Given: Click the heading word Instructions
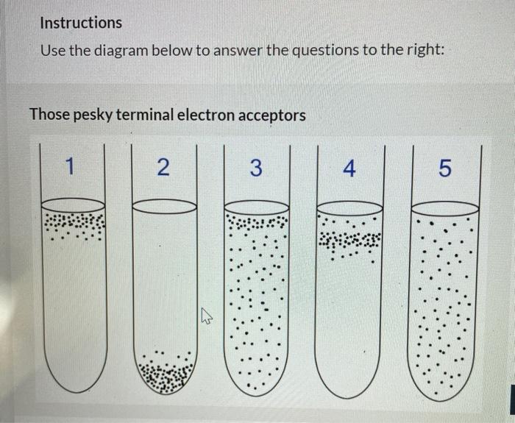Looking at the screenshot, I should [81, 23].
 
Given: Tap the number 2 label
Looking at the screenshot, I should [164, 168].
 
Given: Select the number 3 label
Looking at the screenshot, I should [255, 168].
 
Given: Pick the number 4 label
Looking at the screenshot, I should [349, 168].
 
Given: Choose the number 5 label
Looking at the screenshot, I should [443, 168].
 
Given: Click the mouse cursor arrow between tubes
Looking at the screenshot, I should [207, 318].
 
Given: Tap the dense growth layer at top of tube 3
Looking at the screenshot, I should [255, 222].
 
